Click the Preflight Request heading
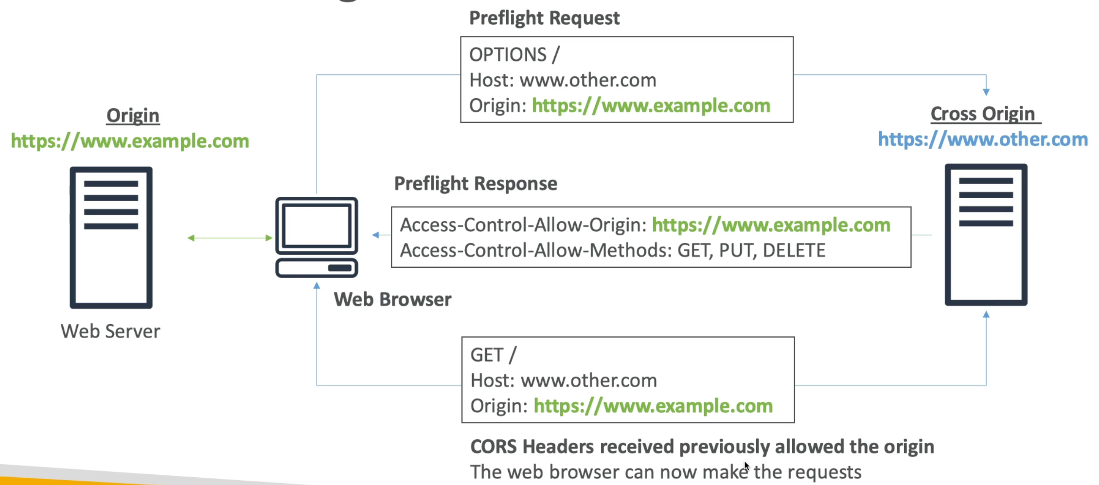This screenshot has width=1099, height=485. pyautogui.click(x=544, y=18)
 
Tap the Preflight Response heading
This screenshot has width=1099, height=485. pyautogui.click(x=475, y=184)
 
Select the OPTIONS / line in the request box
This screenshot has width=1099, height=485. pyautogui.click(x=514, y=54)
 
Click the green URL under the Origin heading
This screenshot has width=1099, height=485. pyautogui.click(x=130, y=141)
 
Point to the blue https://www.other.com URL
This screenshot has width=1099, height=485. pyautogui.click(x=982, y=139)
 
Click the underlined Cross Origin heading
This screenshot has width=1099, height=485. pyautogui.click(x=982, y=114)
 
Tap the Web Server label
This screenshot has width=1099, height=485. pyautogui.click(x=110, y=331)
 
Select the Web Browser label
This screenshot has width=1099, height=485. pyautogui.click(x=392, y=299)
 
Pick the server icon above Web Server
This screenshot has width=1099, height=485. pyautogui.click(x=111, y=237)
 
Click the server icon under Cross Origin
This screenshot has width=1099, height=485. pyautogui.click(x=986, y=235)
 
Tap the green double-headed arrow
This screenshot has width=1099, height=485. pyautogui.click(x=230, y=238)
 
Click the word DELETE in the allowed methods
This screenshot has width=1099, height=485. pyautogui.click(x=794, y=251)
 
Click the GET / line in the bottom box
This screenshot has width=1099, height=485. pyautogui.click(x=493, y=355)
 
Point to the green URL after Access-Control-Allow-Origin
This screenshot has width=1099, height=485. pyautogui.click(x=771, y=225)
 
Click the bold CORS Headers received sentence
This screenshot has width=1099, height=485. pyautogui.click(x=702, y=447)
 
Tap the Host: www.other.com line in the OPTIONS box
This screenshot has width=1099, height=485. pyautogui.click(x=563, y=80)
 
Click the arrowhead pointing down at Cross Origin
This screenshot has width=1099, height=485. pyautogui.click(x=986, y=92)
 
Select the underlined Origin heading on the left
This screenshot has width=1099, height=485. pyautogui.click(x=133, y=116)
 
